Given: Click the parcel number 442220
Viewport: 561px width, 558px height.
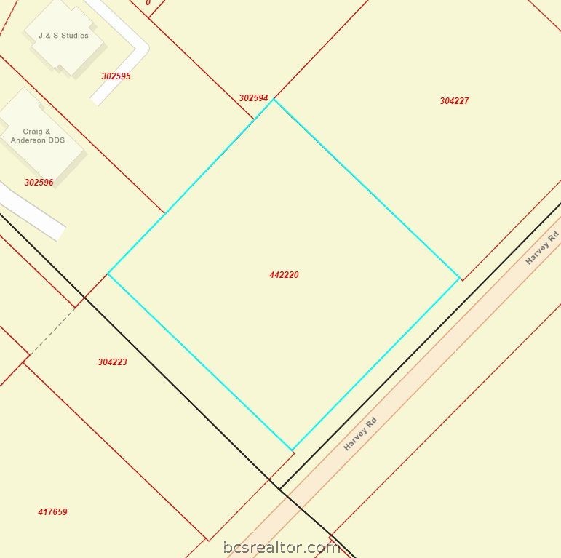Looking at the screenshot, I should tap(284, 275).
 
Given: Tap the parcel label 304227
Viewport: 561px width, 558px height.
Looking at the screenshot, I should tap(454, 101).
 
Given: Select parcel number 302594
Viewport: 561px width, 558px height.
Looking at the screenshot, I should tap(253, 98).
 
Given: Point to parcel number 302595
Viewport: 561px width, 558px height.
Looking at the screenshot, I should tap(116, 76).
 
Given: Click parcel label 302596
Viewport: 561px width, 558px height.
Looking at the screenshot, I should tap(39, 183).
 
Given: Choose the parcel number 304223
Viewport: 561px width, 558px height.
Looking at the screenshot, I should tap(112, 362).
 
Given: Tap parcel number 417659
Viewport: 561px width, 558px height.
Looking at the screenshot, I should tap(52, 512).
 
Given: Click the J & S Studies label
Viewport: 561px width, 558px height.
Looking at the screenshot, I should tap(63, 35).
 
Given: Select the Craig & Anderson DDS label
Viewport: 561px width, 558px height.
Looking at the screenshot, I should tap(37, 136).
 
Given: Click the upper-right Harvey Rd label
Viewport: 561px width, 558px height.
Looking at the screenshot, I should tap(542, 247).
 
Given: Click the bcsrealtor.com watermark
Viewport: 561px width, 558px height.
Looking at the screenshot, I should tap(281, 547).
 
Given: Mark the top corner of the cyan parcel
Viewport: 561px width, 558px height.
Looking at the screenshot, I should tap(274, 100).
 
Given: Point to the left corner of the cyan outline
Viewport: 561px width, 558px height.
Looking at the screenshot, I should tap(108, 274).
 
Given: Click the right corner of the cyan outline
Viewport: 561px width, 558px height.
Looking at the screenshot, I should tap(459, 277).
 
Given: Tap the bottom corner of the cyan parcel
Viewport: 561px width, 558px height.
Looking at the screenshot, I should tap(292, 450).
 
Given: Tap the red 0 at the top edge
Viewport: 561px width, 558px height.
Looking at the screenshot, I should tap(148, 3).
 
